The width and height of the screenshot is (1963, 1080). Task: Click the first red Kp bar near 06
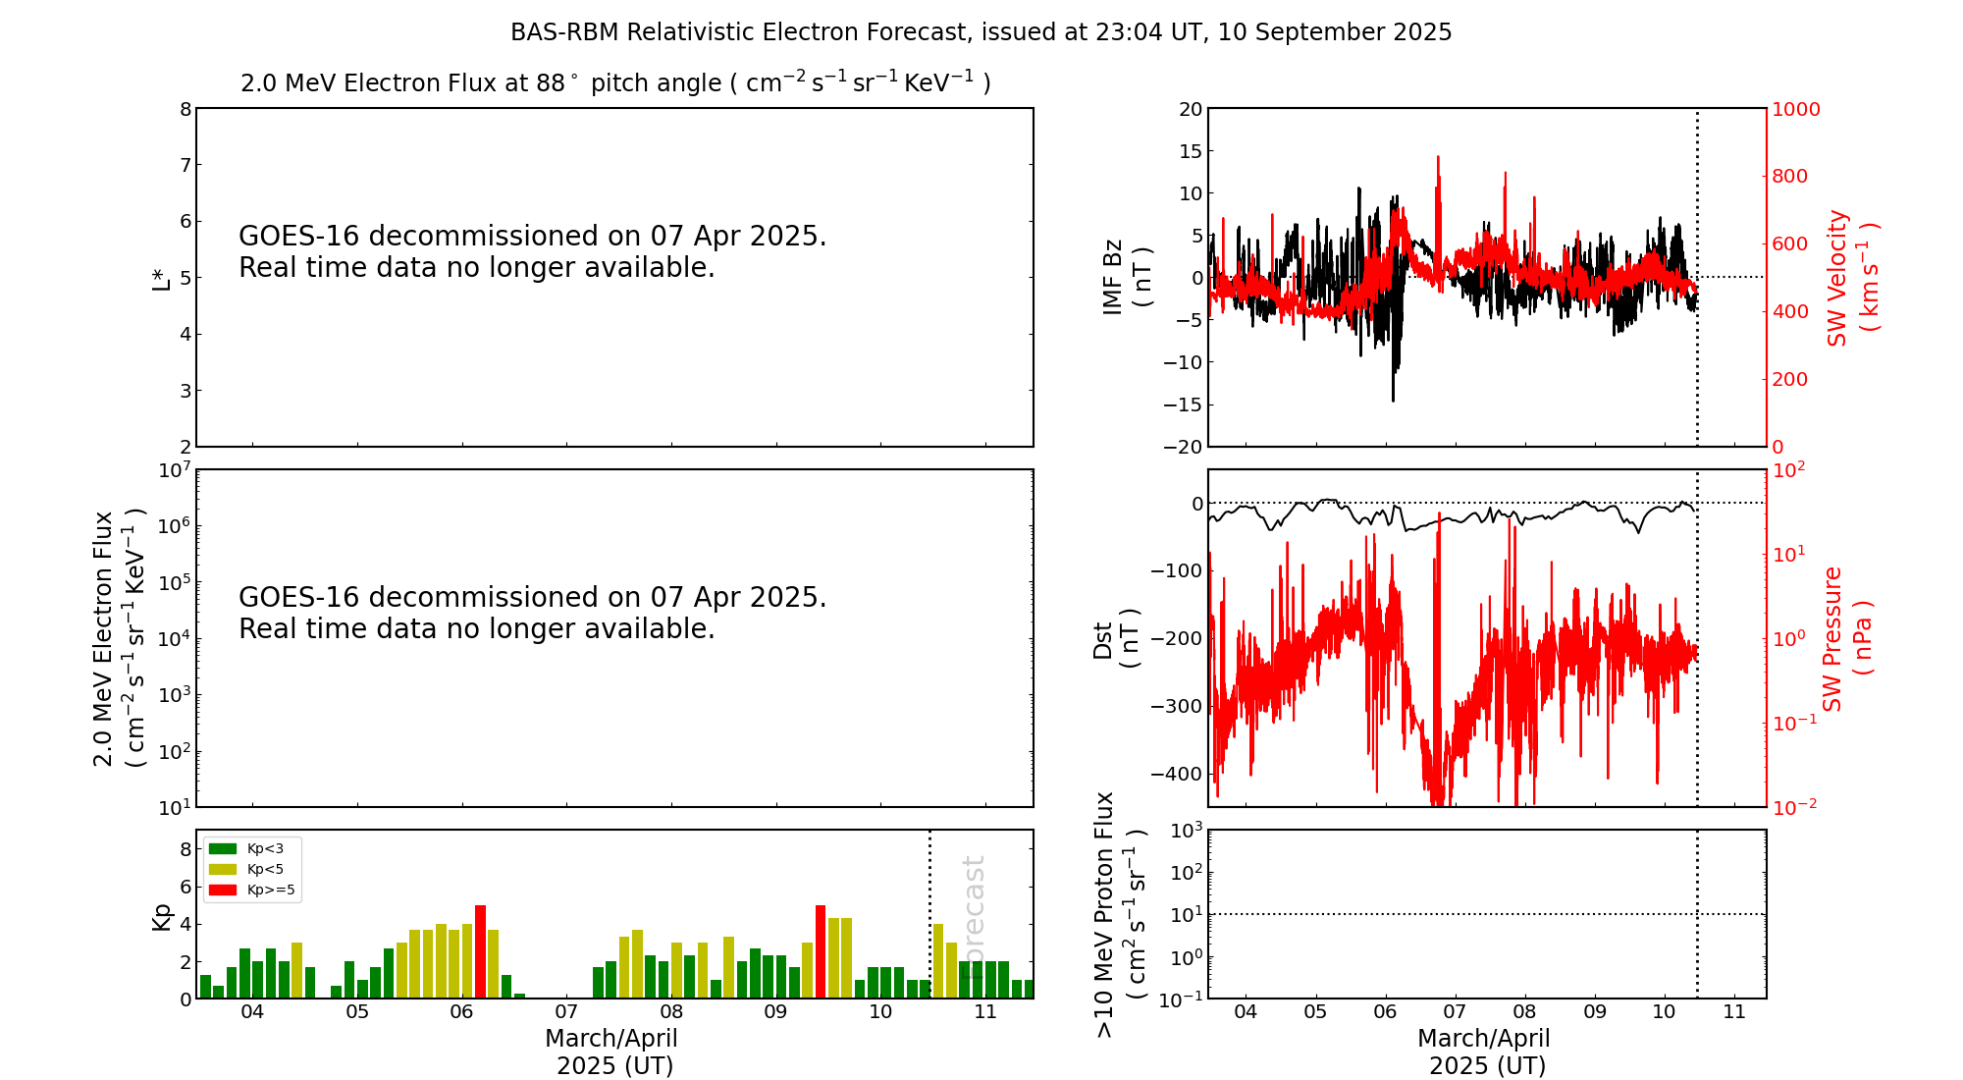click(480, 950)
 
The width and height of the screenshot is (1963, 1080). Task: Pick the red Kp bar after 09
click(821, 950)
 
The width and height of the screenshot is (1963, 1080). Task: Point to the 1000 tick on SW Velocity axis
click(1795, 109)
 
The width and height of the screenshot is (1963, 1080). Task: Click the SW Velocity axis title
click(1851, 278)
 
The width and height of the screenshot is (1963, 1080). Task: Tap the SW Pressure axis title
click(1846, 638)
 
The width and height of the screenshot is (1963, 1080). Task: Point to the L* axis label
click(161, 279)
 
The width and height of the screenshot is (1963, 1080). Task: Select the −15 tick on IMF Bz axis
click(1183, 405)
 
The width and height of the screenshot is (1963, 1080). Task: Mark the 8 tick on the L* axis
click(185, 109)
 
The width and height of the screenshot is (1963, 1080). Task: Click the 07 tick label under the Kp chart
click(566, 1012)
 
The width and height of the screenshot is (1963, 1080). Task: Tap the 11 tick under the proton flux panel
click(1734, 1012)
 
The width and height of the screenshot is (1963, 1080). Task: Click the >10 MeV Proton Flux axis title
click(1120, 914)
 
